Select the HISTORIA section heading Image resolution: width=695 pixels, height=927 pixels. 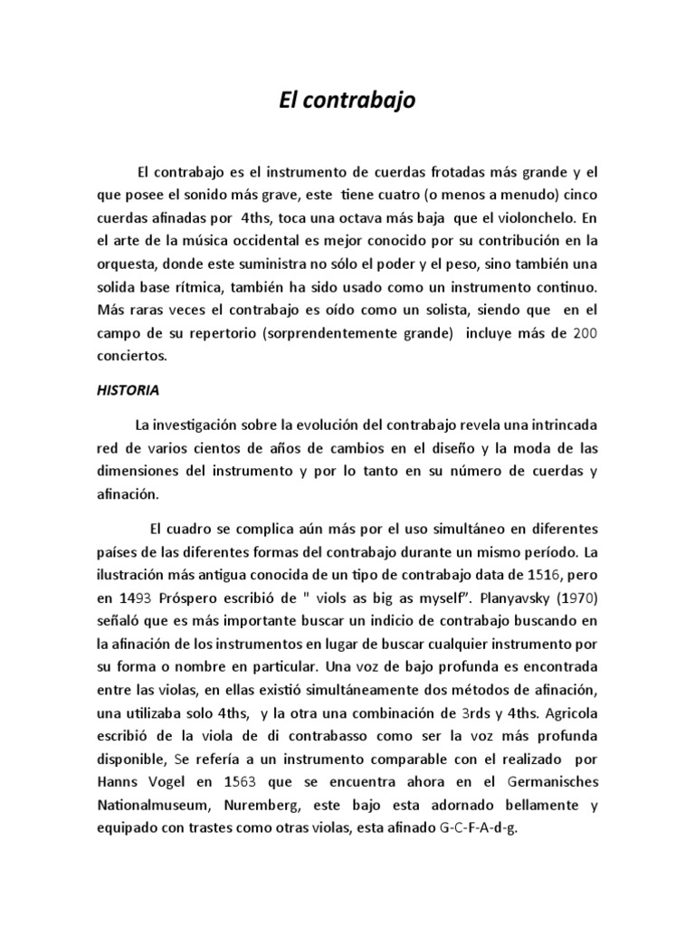click(x=128, y=391)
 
